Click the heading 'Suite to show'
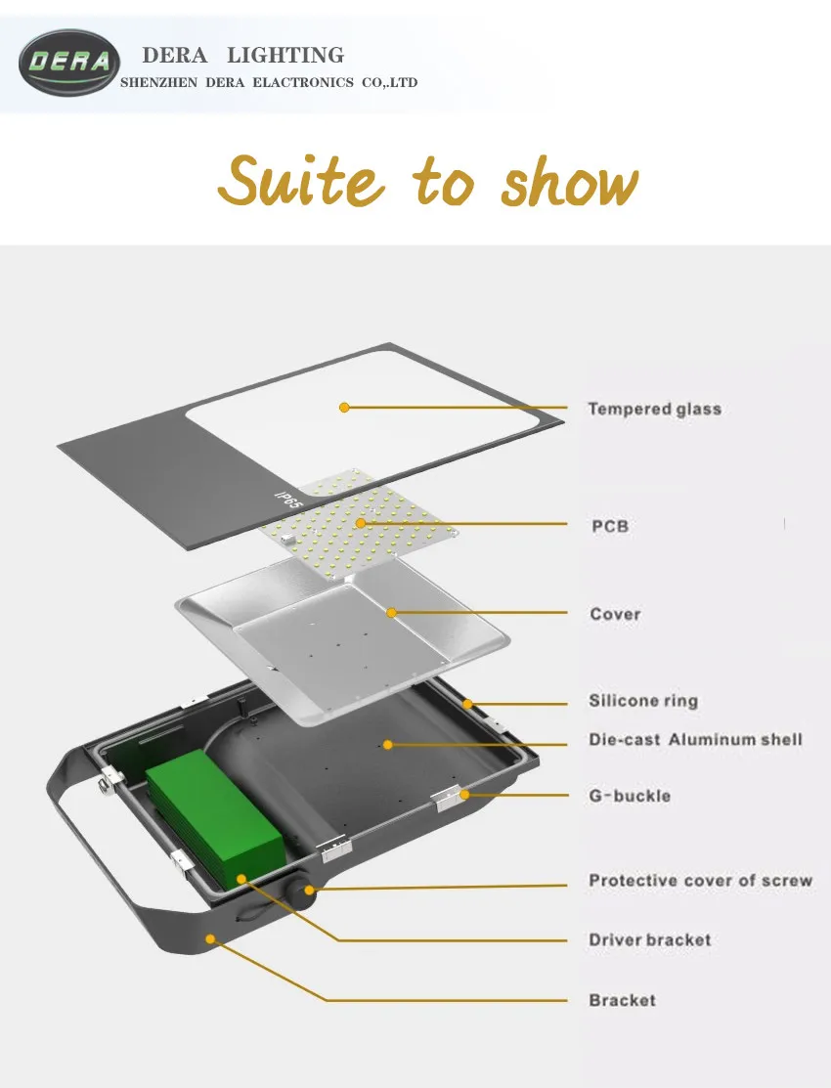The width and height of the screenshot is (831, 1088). [x=427, y=183]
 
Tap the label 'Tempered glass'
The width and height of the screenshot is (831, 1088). [x=654, y=409]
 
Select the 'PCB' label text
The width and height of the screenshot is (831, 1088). [x=610, y=526]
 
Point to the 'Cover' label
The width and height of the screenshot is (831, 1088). [x=615, y=614]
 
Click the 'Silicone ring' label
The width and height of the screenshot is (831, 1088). [x=643, y=701]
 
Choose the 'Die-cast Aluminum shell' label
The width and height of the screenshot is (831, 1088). [x=695, y=739]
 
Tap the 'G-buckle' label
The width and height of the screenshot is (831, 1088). [x=630, y=796]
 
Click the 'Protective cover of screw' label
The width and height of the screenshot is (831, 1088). [x=700, y=881]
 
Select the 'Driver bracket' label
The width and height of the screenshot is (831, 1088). [x=650, y=940]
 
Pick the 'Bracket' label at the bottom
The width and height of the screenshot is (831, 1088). [x=622, y=1000]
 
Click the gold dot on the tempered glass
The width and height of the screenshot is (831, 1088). [x=344, y=407]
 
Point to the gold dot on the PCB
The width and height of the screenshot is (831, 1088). [x=361, y=524]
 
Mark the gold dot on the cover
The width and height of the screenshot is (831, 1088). [x=391, y=613]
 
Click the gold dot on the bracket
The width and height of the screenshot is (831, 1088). [x=209, y=937]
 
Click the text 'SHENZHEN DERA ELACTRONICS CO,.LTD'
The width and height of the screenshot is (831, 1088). [x=268, y=83]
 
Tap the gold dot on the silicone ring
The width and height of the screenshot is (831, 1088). [x=468, y=703]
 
